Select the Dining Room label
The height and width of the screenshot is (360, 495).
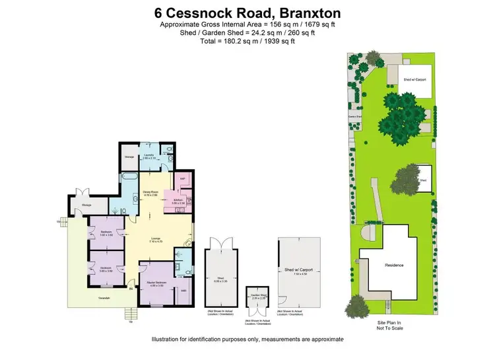click(x=150, y=194)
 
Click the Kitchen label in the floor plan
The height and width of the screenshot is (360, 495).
click(x=178, y=200)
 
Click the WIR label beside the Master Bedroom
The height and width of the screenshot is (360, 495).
click(x=183, y=290)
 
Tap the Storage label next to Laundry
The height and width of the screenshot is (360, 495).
click(x=129, y=157)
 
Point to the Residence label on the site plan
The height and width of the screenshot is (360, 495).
click(x=394, y=265)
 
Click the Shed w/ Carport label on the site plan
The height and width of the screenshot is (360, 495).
click(x=414, y=79)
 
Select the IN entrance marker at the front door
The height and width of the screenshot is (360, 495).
click(x=131, y=289)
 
